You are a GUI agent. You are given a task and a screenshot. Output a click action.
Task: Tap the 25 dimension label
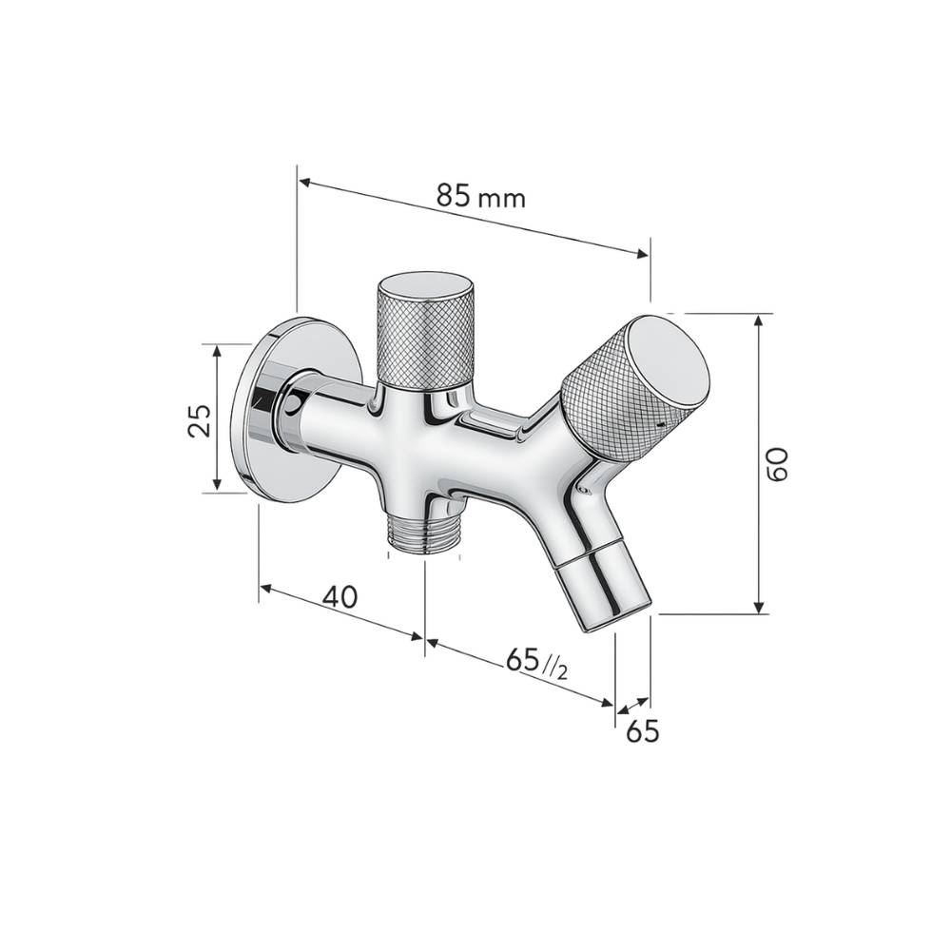pos(199,419)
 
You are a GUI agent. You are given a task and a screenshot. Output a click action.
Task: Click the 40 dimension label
pos(340,597)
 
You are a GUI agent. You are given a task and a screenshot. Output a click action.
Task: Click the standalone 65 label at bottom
pos(642,731)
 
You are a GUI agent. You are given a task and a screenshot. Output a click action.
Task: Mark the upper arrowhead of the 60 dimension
pos(758,320)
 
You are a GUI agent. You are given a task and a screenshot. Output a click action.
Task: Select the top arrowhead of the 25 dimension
pos(218,351)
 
